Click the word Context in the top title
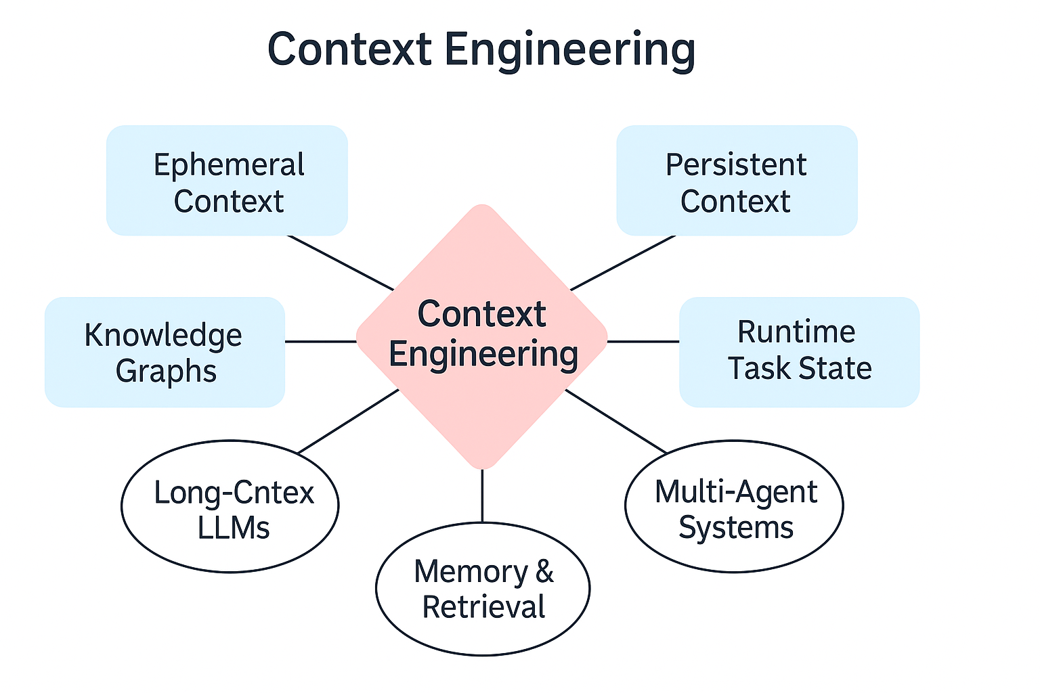pos(350,49)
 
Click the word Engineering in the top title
pos(569,51)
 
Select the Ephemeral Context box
pos(227,180)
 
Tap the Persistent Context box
pos(737,180)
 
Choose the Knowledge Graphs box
pos(165,353)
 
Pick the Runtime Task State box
pos(800,353)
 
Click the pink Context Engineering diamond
pos(482,336)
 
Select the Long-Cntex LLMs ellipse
pos(230,506)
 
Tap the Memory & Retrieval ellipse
pos(483,589)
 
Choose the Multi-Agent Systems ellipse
pos(735,506)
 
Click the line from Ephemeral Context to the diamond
pos(341,263)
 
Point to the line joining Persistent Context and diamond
pos(623,263)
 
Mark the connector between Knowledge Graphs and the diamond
pos(321,342)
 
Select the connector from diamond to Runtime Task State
pos(643,342)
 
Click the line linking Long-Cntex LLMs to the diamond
pos(348,421)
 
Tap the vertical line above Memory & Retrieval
pos(482,496)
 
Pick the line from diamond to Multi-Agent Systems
pos(616,422)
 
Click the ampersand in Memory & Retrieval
pos(544,571)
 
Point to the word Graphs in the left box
pos(166,372)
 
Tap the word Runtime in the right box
pos(796,332)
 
